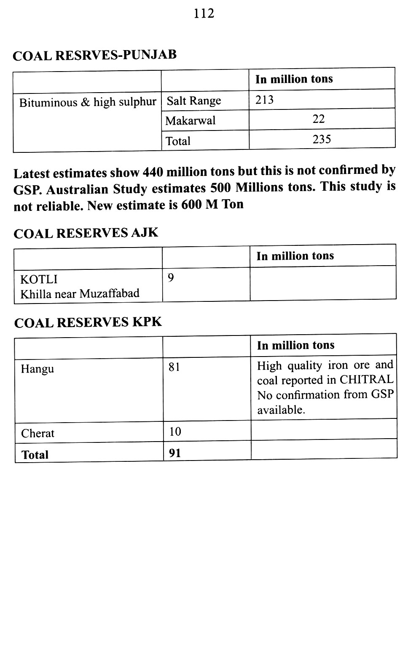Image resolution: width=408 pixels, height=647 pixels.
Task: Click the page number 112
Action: pyautogui.click(x=204, y=14)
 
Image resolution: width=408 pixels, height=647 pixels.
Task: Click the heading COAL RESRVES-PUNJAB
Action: pyautogui.click(x=94, y=55)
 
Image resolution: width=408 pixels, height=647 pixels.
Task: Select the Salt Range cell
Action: pyautogui.click(x=194, y=101)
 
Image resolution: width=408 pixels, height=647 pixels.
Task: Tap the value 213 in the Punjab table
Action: pyautogui.click(x=264, y=100)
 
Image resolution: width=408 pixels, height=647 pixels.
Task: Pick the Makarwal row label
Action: pyautogui.click(x=190, y=121)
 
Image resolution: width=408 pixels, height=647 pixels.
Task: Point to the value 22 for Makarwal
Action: pyautogui.click(x=319, y=119)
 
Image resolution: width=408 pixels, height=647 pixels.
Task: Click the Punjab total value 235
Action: pyautogui.click(x=322, y=139)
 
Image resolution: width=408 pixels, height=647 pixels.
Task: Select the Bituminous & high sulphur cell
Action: pyautogui.click(x=88, y=102)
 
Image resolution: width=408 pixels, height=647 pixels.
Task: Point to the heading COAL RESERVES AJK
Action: pyautogui.click(x=86, y=233)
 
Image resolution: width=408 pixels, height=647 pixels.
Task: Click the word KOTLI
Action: pyautogui.click(x=39, y=280)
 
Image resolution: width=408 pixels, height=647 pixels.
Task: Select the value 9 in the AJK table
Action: pyautogui.click(x=171, y=278)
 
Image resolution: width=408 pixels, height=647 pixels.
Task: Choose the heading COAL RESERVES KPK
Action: pyautogui.click(x=88, y=322)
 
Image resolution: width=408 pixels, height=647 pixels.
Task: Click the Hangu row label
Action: pyautogui.click(x=38, y=369)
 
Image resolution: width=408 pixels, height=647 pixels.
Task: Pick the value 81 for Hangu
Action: pyautogui.click(x=174, y=367)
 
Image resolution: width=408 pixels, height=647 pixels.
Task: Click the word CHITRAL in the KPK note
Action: pyautogui.click(x=366, y=380)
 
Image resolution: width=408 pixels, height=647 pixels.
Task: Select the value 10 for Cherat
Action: pyautogui.click(x=175, y=431)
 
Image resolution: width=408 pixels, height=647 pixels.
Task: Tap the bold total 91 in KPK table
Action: pyautogui.click(x=174, y=453)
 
